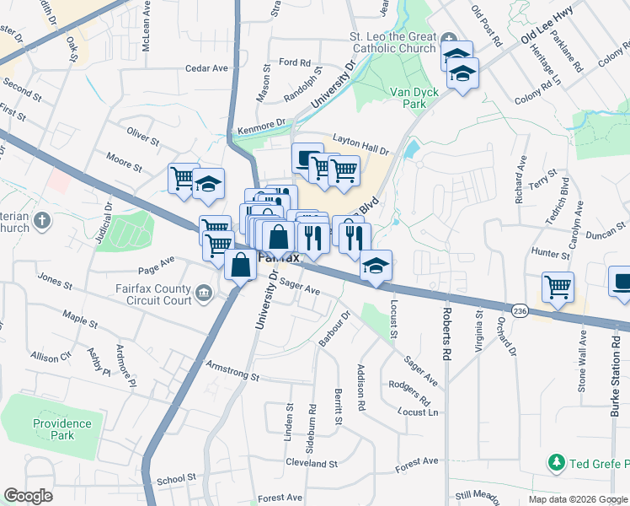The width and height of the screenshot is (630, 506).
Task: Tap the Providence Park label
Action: [x=62, y=429]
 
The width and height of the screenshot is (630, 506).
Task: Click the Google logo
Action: [x=29, y=496]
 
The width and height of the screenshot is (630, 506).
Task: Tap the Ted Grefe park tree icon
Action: [x=556, y=462]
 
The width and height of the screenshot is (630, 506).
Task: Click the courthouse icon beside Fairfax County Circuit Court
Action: [x=205, y=293]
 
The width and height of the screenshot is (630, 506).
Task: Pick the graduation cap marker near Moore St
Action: [x=208, y=183]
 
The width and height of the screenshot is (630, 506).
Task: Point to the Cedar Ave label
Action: [x=207, y=68]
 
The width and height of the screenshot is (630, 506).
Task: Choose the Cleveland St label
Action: [x=311, y=464]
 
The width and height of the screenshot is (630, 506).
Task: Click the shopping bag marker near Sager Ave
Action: [x=241, y=265]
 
